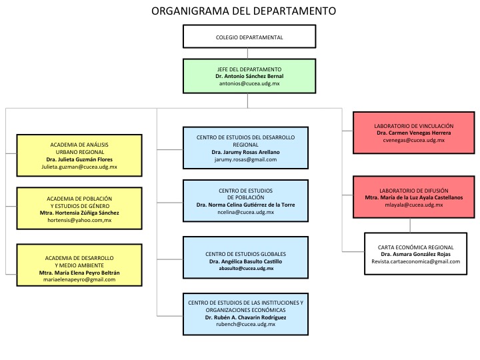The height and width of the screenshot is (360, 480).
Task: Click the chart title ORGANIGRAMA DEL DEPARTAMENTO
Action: click(244, 11)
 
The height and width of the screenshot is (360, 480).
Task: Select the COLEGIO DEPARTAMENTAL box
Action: click(249, 37)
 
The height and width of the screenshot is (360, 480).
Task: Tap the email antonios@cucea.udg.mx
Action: click(249, 83)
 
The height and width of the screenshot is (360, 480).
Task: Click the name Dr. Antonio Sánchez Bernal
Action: click(249, 76)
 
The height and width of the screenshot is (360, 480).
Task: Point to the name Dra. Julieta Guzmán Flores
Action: click(79, 159)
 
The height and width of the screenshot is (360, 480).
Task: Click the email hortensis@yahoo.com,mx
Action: click(79, 220)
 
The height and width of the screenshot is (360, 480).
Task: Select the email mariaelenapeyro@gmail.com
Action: click(79, 279)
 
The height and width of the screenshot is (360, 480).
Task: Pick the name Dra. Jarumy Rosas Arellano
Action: click(245, 152)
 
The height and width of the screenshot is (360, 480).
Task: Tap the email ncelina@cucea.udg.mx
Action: click(245, 212)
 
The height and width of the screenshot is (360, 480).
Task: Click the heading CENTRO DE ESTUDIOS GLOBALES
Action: click(245, 254)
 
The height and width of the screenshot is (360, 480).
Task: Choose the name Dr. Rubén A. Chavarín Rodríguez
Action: click(245, 317)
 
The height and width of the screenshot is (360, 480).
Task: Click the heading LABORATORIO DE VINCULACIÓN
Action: click(413, 126)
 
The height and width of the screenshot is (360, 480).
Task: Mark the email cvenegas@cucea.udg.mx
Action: click(413, 140)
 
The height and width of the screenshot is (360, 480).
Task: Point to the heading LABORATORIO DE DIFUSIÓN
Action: click(413, 191)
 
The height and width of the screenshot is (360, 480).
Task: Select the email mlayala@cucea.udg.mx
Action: click(413, 205)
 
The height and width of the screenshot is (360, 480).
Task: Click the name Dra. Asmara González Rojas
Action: click(415, 254)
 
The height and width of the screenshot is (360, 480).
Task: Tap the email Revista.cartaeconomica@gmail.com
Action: click(415, 261)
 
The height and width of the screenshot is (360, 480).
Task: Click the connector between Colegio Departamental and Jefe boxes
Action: click(247, 53)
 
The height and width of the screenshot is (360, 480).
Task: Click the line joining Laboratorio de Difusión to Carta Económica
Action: click(410, 225)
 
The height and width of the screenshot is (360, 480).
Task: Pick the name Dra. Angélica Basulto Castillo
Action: click(245, 261)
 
